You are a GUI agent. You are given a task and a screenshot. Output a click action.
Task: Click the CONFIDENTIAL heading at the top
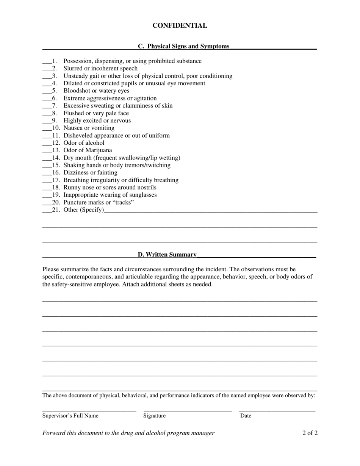coord(180,26)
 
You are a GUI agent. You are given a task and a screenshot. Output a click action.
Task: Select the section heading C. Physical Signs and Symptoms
coord(183,46)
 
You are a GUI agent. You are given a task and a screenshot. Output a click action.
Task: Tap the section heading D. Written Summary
coord(167,255)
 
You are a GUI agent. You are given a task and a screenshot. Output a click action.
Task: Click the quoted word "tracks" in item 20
coord(121,202)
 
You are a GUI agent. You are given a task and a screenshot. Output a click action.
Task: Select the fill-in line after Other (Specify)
coord(210,211)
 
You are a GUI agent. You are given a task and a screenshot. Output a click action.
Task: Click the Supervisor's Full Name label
coord(70,416)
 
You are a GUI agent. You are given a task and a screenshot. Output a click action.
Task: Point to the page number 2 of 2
coord(310,433)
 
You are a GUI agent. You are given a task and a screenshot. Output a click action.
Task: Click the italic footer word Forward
coord(54,433)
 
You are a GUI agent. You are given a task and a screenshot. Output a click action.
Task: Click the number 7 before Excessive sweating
coord(54,106)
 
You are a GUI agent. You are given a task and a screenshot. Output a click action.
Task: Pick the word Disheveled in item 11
coord(78,135)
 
